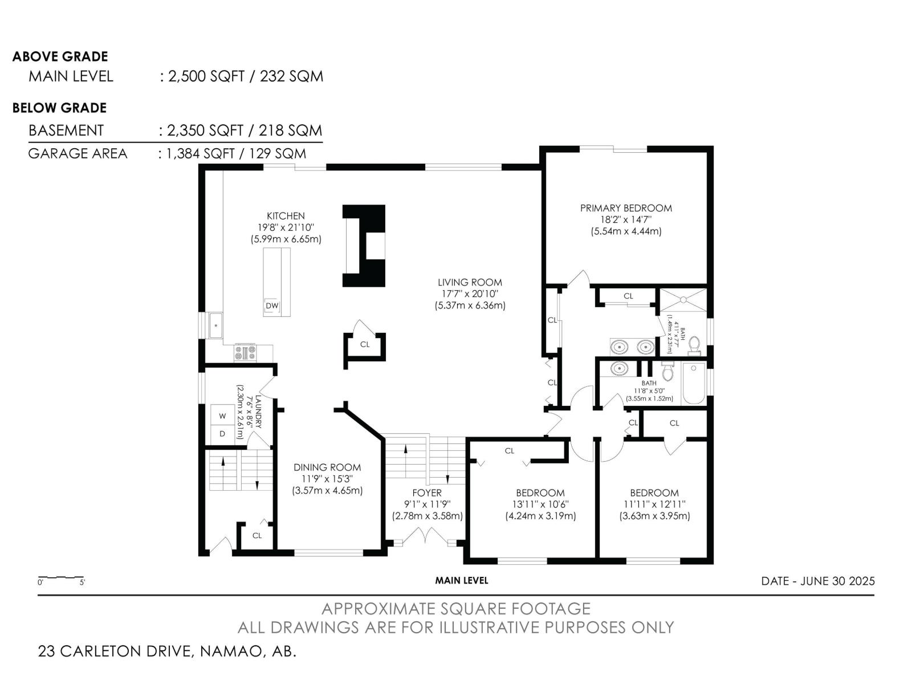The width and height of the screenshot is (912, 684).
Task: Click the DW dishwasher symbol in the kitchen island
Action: point(272,306)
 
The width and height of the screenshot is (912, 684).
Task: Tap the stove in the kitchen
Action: point(245,353)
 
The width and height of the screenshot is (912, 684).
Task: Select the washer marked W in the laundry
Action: point(222,416)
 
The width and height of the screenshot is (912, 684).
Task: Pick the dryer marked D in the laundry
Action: point(222,434)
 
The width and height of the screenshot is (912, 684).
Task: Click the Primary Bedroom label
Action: point(626,208)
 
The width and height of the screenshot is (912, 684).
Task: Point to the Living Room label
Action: point(470,282)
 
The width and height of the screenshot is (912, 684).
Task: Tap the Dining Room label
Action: point(327,467)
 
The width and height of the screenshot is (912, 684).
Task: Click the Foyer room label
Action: point(427,493)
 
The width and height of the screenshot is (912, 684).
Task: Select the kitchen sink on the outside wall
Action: point(215,325)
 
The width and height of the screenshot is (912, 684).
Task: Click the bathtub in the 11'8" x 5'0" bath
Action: point(694,383)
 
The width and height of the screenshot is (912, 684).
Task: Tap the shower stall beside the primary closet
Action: point(683,300)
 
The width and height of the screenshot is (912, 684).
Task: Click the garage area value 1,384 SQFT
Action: point(200,154)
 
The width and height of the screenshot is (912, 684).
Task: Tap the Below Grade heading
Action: point(59,108)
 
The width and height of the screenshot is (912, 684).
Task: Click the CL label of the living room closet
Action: point(365,344)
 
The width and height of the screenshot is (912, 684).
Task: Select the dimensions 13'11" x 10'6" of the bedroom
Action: point(540,504)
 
